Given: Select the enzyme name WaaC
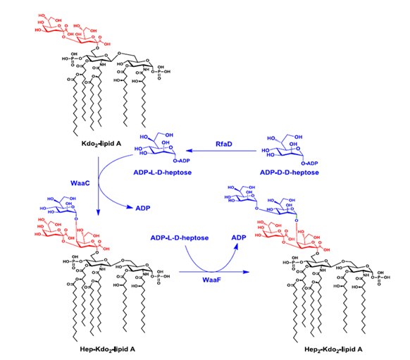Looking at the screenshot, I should pyautogui.click(x=80, y=182).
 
